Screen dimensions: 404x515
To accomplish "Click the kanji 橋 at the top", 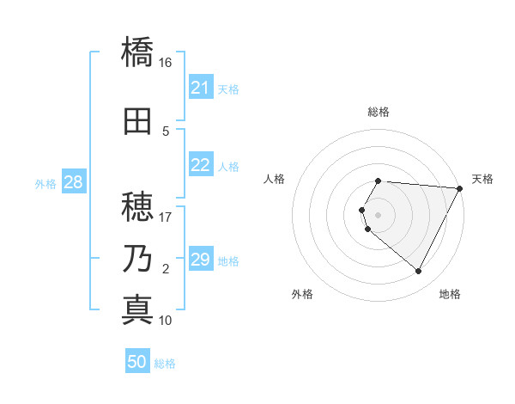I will [137, 52].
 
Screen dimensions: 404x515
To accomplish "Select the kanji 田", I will [137, 120].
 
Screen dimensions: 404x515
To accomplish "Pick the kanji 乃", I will [137, 258].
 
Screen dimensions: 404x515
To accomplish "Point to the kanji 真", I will [137, 309].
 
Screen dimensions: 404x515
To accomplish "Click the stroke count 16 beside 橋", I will [166, 63].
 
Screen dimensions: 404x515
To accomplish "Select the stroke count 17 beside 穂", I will [166, 217].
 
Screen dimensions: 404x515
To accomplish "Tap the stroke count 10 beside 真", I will [166, 321].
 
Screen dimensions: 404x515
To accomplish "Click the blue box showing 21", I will [201, 88].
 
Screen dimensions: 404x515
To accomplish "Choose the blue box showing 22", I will [201, 165].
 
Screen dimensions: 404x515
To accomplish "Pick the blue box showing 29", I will [201, 260].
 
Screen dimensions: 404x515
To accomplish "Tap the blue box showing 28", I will [73, 182].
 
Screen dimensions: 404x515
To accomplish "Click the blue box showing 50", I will [137, 362].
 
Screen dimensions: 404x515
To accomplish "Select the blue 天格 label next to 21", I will [228, 89].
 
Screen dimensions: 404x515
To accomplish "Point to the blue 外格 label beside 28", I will [45, 183].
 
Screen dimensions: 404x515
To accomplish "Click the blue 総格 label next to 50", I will [165, 364].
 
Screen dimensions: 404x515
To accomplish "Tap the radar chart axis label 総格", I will [379, 112].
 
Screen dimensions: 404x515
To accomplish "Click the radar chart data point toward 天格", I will [460, 189].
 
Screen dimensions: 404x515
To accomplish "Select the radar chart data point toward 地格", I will [419, 272].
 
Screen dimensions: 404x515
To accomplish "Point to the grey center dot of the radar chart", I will [379, 215].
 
